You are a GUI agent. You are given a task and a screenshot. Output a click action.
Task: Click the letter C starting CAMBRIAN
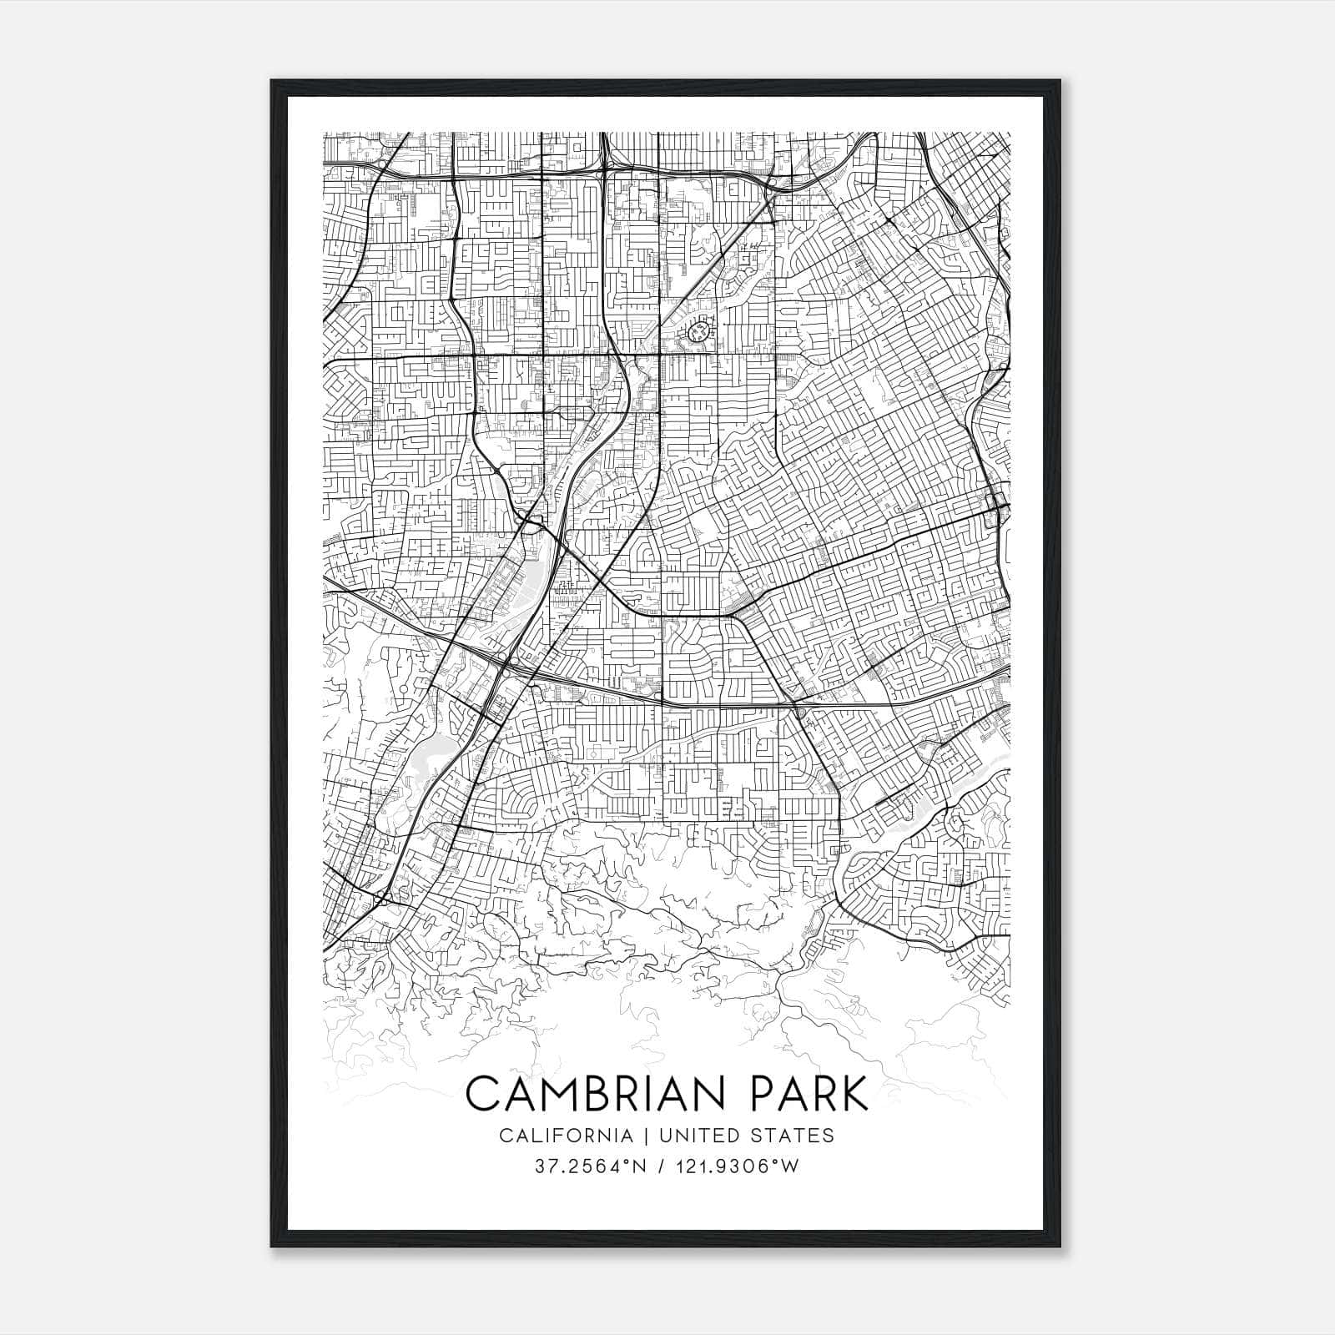tap(482, 1094)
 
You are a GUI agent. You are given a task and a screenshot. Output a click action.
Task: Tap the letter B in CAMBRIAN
tap(594, 1094)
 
